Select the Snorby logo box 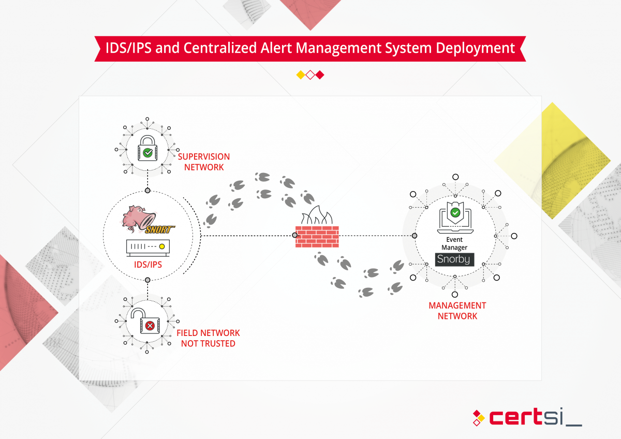[x=454, y=259]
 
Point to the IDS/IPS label [x=147, y=265]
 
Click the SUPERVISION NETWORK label [x=204, y=162]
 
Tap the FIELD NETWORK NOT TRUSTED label [x=208, y=338]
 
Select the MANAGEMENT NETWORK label [x=457, y=311]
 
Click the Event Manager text [x=454, y=243]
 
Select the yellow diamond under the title [x=300, y=75]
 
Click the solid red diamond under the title [x=320, y=75]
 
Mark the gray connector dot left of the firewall [x=295, y=236]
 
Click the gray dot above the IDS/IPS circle [x=147, y=191]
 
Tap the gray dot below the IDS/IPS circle [x=147, y=280]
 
